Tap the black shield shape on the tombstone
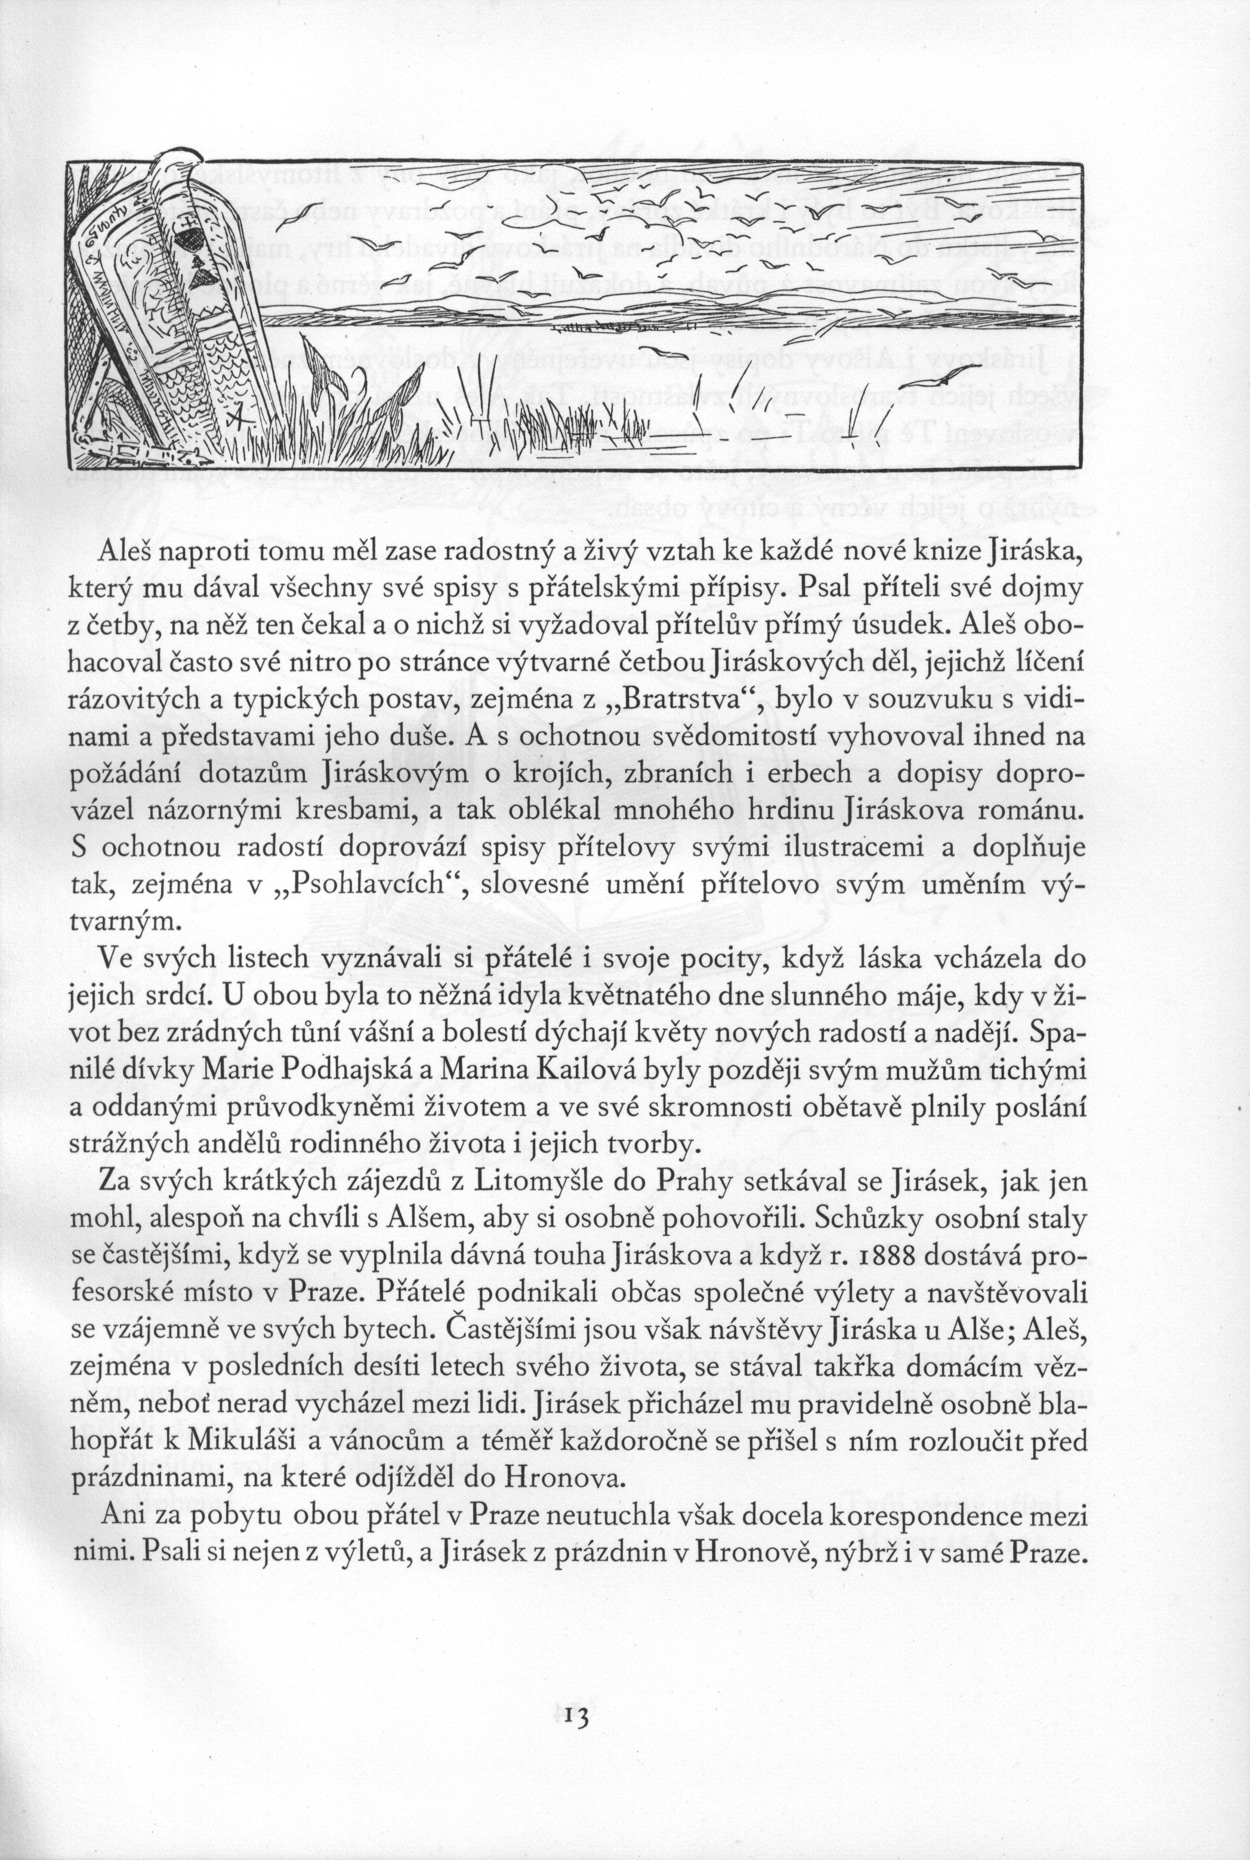click(192, 239)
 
